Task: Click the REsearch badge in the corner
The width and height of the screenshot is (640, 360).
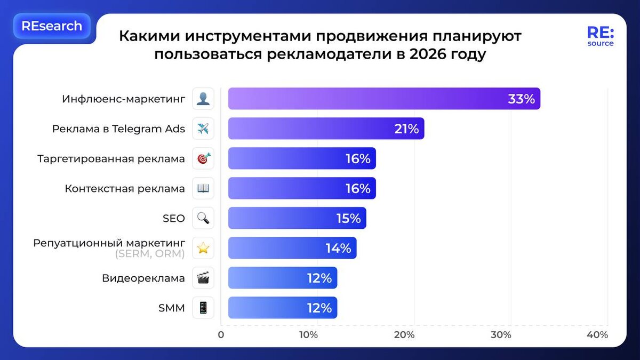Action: (x=52, y=26)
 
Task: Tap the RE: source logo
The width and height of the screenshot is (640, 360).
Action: (x=600, y=36)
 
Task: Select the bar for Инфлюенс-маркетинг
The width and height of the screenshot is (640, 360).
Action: (x=384, y=99)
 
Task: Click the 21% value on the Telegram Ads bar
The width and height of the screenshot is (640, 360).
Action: (x=406, y=129)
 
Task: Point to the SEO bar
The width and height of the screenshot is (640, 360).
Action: (x=297, y=218)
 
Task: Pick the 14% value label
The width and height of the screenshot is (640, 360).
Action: (x=338, y=248)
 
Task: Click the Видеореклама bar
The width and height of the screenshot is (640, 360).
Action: (x=283, y=278)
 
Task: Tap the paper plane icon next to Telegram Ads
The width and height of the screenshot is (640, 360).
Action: (x=203, y=129)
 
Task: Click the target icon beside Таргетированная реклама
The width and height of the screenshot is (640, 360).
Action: (x=203, y=158)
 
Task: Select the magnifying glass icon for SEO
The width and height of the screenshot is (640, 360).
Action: (x=203, y=218)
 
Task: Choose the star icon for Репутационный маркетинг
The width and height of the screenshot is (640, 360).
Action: (x=203, y=248)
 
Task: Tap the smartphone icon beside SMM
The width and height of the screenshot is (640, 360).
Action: (x=203, y=308)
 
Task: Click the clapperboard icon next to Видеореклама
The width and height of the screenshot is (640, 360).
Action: (x=203, y=278)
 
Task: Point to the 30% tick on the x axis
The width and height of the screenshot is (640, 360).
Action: (x=501, y=335)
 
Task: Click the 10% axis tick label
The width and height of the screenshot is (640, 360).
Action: (x=308, y=335)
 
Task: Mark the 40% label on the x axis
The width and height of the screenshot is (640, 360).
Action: (x=597, y=335)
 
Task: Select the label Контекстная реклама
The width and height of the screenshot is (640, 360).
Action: (x=125, y=188)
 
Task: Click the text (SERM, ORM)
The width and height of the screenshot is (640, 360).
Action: (x=149, y=254)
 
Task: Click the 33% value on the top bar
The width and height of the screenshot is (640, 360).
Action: (x=521, y=99)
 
